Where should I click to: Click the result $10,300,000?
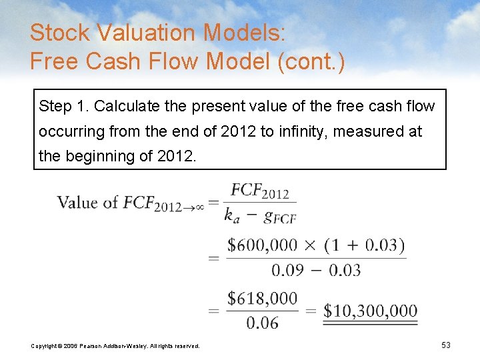[x=370, y=311]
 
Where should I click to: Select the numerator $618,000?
[x=262, y=299]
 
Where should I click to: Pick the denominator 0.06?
[x=262, y=323]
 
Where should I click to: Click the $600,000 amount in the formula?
[x=262, y=245]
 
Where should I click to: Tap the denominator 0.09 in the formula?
[x=287, y=270]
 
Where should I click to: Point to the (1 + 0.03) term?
[x=365, y=245]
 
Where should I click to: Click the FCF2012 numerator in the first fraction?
[x=260, y=191]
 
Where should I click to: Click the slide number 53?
[x=446, y=345]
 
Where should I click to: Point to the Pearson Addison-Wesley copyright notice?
[x=115, y=345]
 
